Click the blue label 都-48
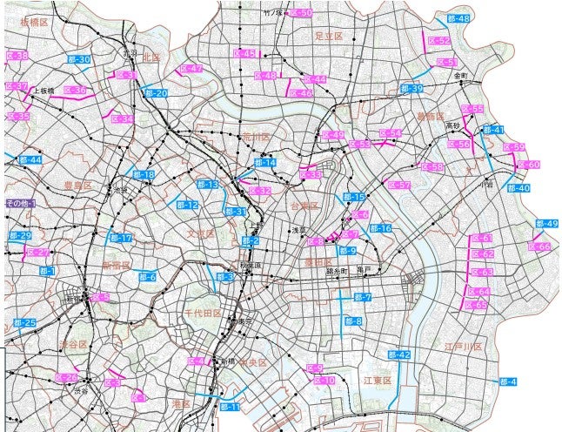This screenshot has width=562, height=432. (458, 19)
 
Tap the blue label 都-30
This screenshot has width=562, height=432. (78, 59)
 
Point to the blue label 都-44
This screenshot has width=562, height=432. (30, 160)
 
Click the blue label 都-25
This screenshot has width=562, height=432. (25, 323)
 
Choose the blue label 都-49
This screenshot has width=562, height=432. (546, 225)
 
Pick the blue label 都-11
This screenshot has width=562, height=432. (230, 407)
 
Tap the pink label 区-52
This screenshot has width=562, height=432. (439, 41)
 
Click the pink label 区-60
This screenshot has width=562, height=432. (529, 165)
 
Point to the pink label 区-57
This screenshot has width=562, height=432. (399, 186)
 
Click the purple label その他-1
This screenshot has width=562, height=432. (20, 203)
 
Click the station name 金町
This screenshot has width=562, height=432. (460, 77)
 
